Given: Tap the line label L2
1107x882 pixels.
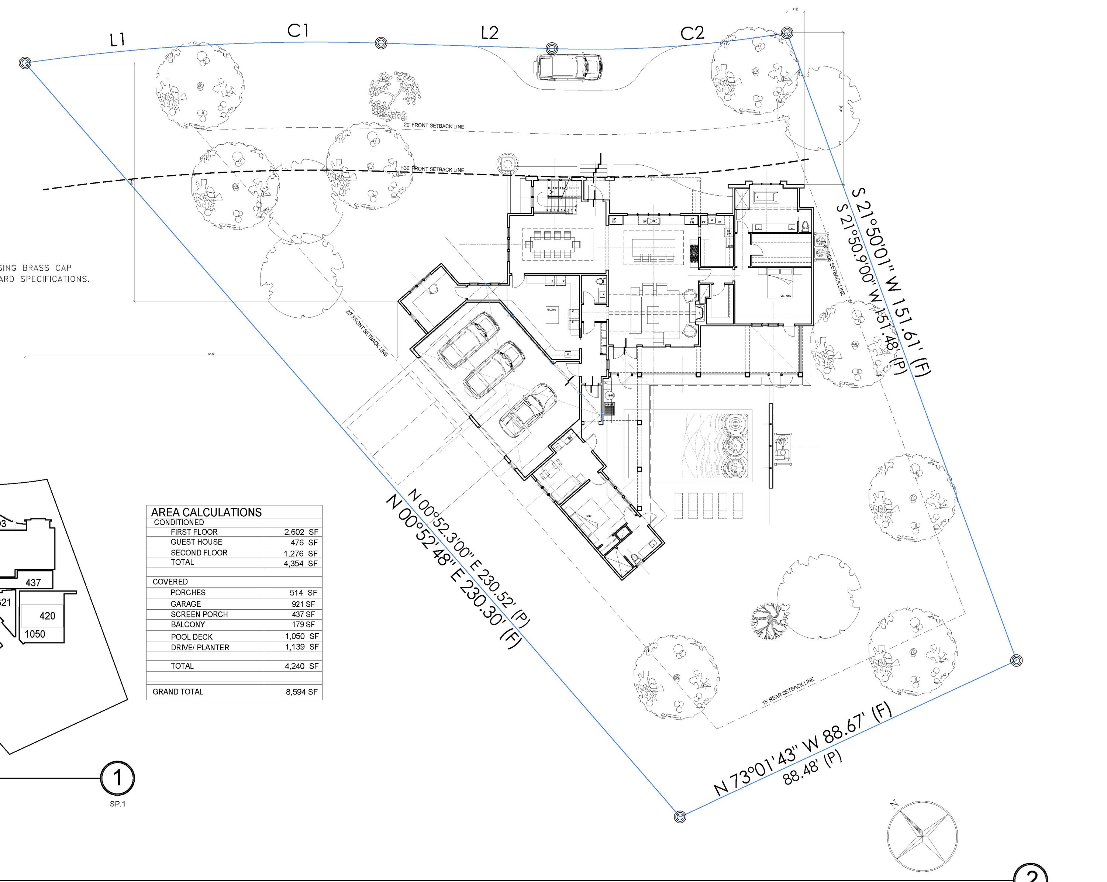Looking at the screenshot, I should [x=489, y=33].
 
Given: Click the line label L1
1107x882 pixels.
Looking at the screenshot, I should [x=118, y=39].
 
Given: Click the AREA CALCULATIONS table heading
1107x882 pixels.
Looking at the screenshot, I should [x=206, y=512].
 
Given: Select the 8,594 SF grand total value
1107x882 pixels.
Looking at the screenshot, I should [x=301, y=692].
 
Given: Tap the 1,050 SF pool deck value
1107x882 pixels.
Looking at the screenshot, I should [x=301, y=636].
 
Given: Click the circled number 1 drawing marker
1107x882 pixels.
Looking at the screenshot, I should [x=118, y=778].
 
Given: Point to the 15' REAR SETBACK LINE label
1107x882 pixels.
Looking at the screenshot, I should [x=788, y=690].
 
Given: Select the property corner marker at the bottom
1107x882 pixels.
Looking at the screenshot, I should [x=680, y=816].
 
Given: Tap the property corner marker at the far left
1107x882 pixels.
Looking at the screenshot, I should [x=25, y=63].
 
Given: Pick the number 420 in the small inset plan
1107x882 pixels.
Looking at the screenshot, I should [x=47, y=616].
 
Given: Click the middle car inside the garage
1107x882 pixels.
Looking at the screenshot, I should [x=494, y=370].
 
